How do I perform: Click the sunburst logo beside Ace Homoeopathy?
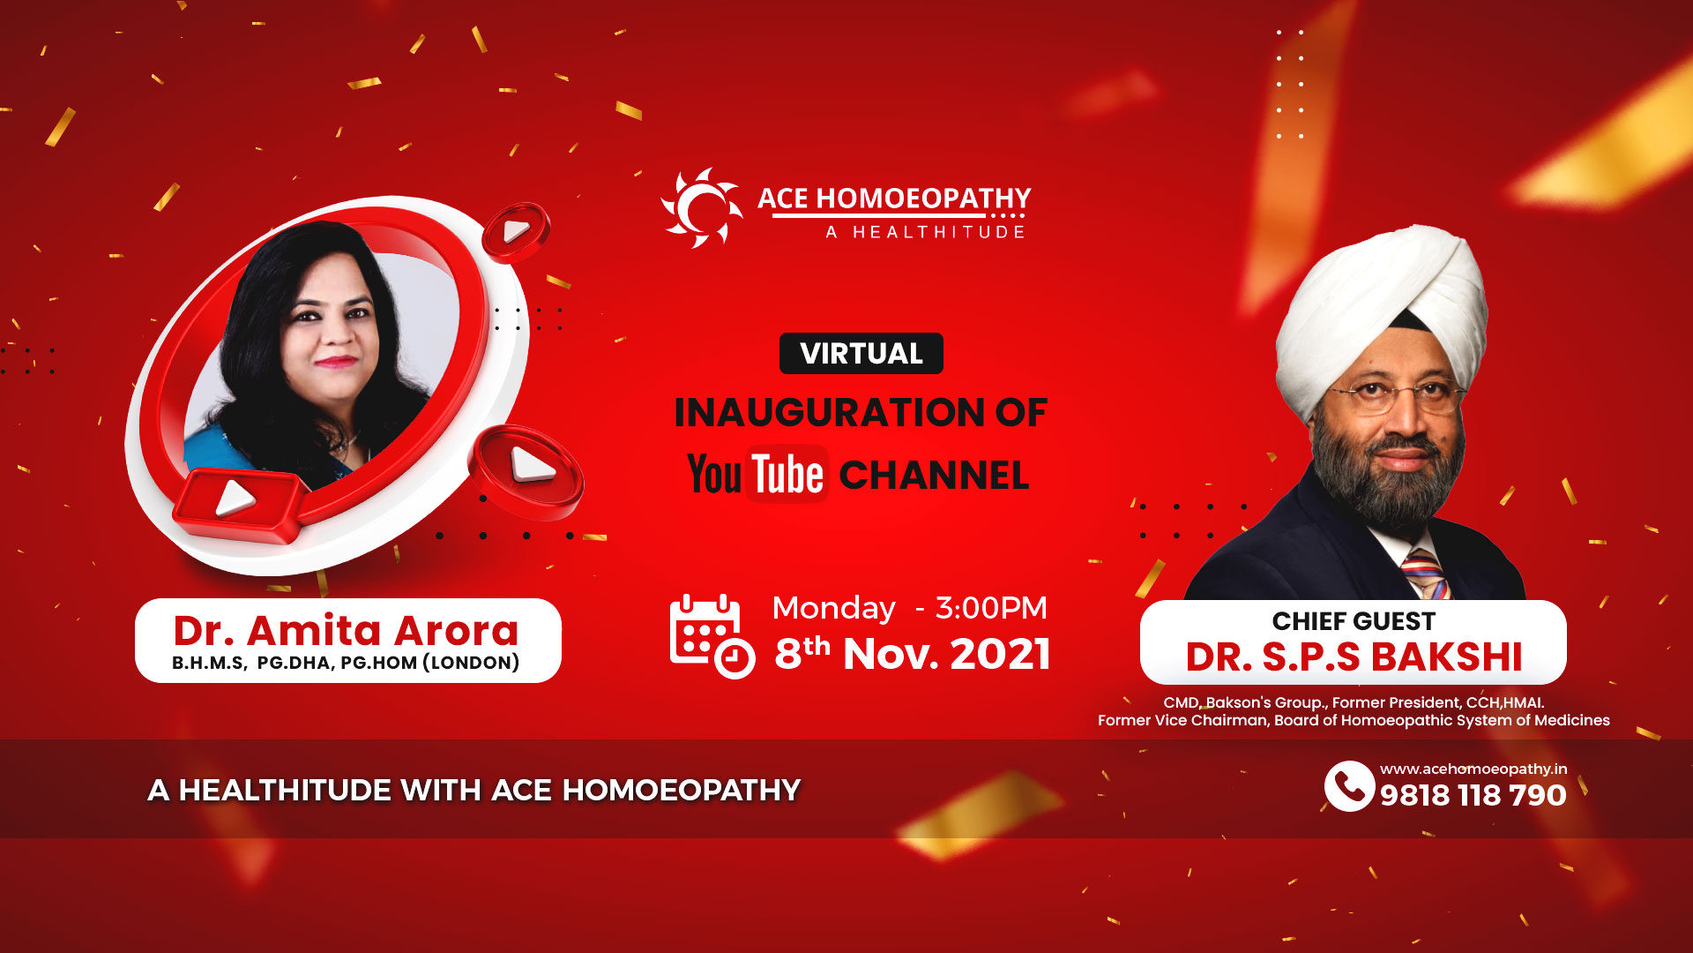coord(702,208)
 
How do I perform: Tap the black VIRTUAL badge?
coord(861,354)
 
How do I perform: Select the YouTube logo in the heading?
coord(757,474)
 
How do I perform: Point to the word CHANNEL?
coord(934,476)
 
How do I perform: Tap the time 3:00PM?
coord(991,608)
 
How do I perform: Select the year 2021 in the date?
coord(1000,655)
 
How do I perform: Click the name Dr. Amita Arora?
coord(347,630)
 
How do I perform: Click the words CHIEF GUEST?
coord(1354,621)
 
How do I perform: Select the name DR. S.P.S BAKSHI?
coord(1354,657)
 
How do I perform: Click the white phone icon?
coord(1349,785)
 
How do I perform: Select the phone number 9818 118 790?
coord(1473,795)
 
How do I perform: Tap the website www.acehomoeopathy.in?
coord(1473,769)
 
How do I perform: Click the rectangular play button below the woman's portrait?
coord(236,504)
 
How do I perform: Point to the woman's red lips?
coord(336,361)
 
